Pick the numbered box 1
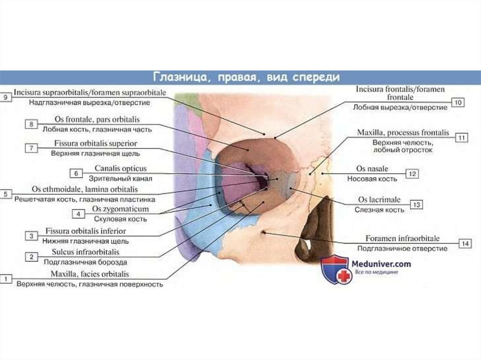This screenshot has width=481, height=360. click(6, 279)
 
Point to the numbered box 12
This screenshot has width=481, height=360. click(412, 174)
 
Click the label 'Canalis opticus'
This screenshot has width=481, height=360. click(121, 168)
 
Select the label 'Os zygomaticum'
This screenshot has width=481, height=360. click(121, 209)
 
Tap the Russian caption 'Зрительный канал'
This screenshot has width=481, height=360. click(120, 178)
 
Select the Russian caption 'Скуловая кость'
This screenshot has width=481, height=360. click(120, 219)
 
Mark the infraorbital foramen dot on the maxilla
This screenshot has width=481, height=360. click(265, 232)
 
